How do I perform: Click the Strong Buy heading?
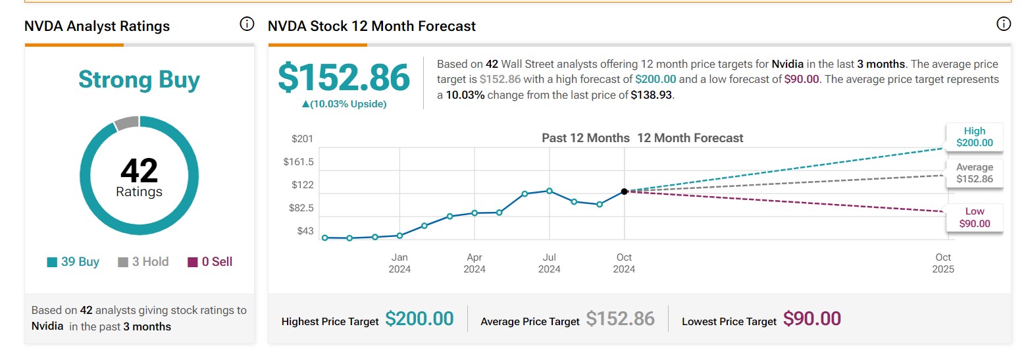139,80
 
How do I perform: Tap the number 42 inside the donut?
139,171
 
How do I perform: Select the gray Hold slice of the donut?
126,122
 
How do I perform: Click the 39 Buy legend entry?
73,262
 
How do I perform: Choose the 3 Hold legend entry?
143,262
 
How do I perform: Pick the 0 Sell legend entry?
210,262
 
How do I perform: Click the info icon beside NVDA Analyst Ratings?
247,24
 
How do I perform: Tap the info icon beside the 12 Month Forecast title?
1004,24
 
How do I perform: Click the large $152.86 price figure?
344,78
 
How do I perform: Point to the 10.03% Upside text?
344,104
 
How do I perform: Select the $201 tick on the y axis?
303,139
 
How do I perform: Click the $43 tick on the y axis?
305,231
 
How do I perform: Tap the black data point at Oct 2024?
624,192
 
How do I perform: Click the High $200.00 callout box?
975,137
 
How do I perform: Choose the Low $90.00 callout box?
975,217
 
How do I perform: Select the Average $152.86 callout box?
975,173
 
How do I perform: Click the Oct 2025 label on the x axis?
943,263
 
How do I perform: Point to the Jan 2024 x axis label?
399,263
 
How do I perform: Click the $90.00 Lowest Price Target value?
812,319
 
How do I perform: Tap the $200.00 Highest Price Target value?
419,319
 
